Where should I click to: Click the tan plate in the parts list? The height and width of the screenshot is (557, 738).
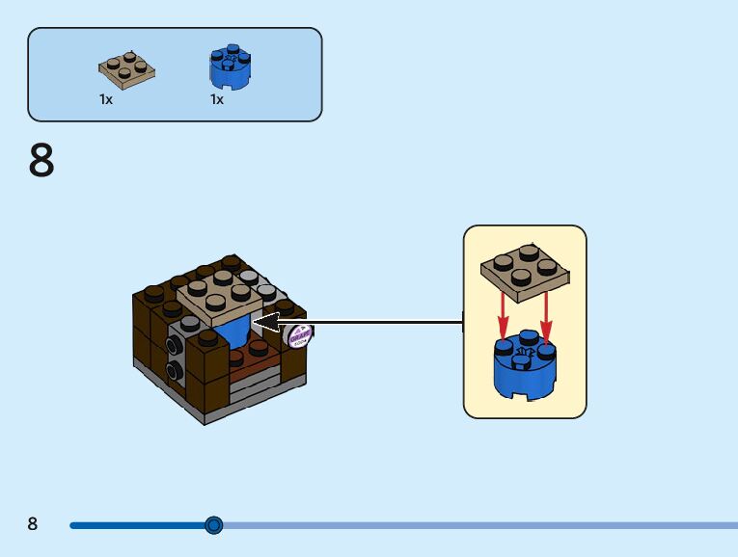[x=126, y=69]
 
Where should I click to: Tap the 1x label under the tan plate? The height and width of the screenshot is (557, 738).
[x=106, y=99]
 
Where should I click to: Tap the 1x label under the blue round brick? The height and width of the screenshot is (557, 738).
[x=217, y=99]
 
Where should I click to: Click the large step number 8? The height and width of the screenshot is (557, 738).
[x=41, y=161]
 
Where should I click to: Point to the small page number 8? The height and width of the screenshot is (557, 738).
[x=33, y=524]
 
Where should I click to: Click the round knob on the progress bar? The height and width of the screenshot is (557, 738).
[x=214, y=525]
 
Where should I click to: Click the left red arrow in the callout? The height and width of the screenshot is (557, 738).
[x=503, y=313]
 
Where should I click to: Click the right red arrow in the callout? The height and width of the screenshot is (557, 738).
[x=547, y=313]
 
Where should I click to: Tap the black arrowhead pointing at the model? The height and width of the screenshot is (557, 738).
[x=264, y=322]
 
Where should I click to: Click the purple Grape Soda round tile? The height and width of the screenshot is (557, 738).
[x=298, y=336]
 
